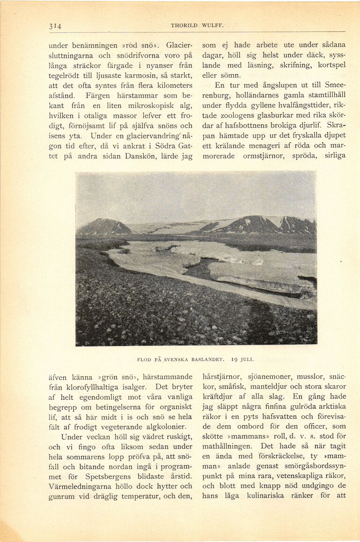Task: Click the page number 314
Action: (55, 26)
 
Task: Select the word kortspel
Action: (329, 65)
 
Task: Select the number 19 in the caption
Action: (232, 359)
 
